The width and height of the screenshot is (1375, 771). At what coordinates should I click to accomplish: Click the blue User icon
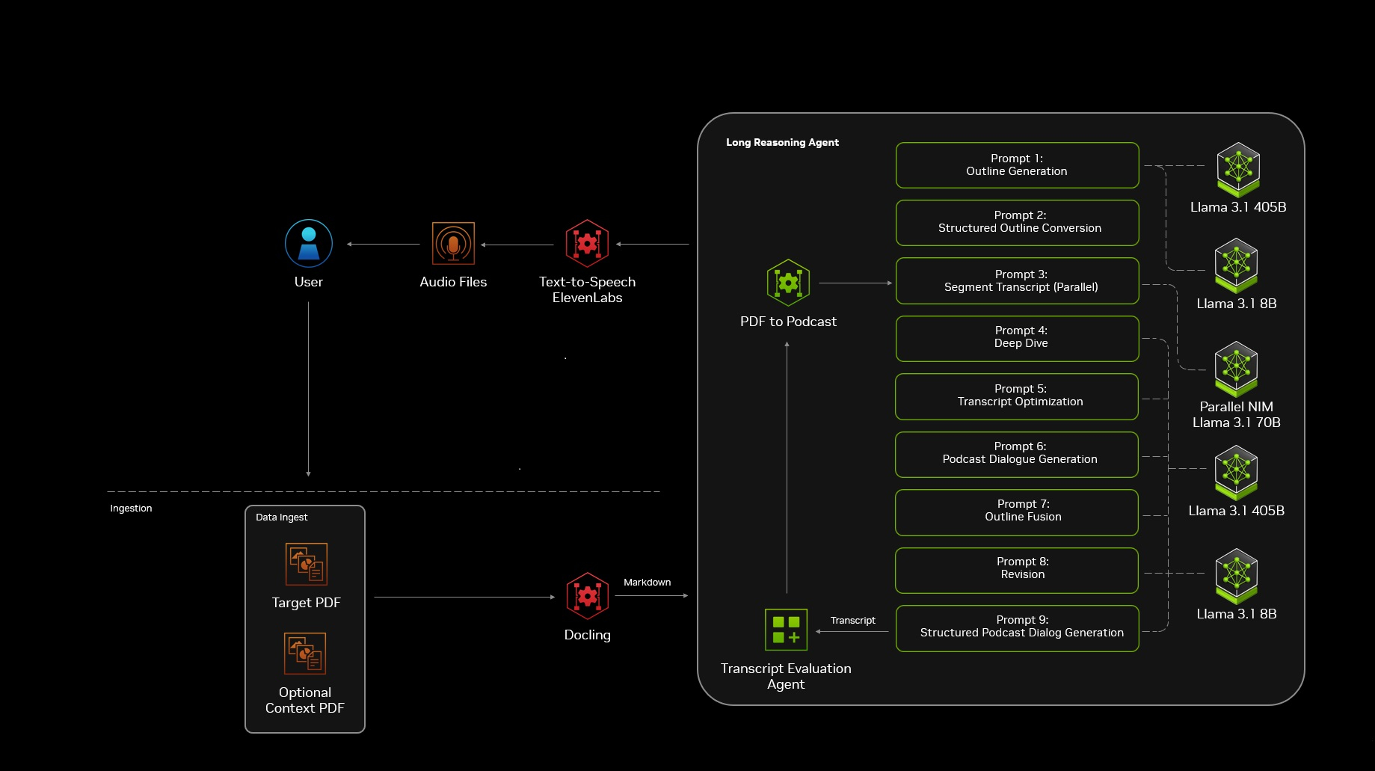(309, 243)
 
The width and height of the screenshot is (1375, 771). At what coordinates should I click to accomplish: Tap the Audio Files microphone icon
(453, 243)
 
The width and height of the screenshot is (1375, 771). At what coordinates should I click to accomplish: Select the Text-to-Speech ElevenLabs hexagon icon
(587, 243)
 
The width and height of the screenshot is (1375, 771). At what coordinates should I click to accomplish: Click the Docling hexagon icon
(588, 596)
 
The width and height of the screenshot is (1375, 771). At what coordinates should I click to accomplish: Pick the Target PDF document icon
(307, 564)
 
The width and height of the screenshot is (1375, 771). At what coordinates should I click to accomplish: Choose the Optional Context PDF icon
(305, 654)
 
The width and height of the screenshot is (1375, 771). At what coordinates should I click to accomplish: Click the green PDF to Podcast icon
(788, 283)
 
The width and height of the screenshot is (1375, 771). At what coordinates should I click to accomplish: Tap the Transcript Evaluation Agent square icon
(786, 630)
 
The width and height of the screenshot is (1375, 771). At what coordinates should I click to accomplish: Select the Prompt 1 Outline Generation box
(1017, 165)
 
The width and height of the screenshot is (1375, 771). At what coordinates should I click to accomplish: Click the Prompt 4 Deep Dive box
(1017, 338)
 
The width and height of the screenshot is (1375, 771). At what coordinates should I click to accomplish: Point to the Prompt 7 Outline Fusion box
(1017, 512)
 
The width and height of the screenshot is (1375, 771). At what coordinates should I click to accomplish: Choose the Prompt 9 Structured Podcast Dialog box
(1017, 627)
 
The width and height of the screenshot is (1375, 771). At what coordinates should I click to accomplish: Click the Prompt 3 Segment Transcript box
(1017, 280)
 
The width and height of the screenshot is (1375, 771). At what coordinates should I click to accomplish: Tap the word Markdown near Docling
(647, 583)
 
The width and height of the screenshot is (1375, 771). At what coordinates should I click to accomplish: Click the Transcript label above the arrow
(852, 621)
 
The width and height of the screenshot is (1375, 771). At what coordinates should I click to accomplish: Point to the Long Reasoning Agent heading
(782, 142)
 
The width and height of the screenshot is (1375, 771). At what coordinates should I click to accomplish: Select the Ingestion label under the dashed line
(131, 509)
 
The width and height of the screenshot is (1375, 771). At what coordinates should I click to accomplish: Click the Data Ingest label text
(281, 517)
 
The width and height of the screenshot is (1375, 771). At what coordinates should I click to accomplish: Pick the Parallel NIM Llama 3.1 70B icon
(1236, 368)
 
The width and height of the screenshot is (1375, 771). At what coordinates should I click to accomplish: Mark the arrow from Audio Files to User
(384, 245)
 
